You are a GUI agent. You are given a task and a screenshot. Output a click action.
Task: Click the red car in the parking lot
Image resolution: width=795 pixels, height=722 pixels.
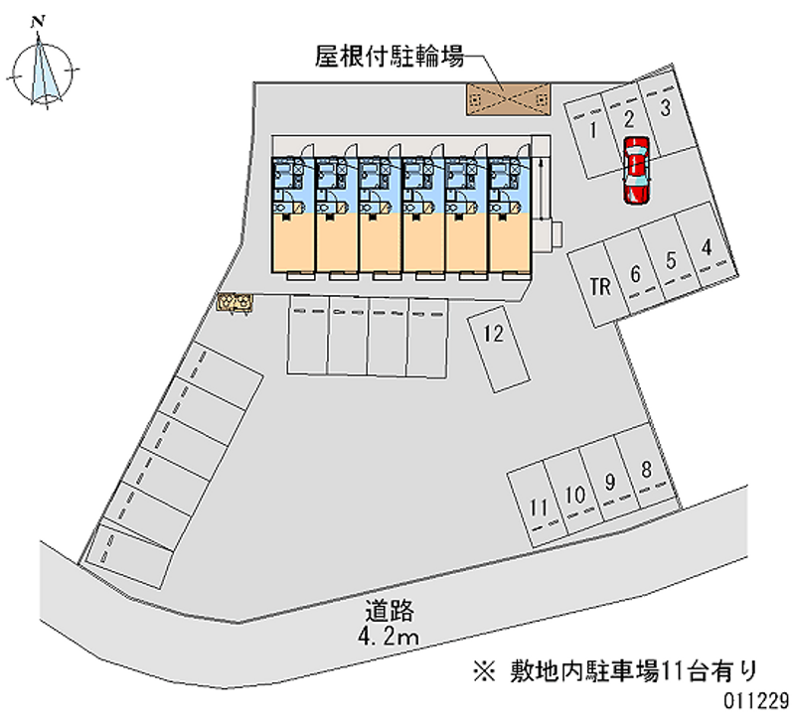point(636,169)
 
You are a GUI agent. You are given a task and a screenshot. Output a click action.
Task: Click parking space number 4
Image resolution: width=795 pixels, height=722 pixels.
point(706,248)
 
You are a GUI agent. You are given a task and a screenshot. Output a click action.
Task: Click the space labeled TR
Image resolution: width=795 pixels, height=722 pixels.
point(599,288)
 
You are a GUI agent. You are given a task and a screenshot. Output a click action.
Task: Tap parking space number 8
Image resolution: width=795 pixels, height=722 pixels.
point(646,470)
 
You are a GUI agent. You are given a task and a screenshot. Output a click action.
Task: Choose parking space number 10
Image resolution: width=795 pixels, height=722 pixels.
point(574,495)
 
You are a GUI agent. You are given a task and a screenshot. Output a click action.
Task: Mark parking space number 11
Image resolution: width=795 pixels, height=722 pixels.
point(539,507)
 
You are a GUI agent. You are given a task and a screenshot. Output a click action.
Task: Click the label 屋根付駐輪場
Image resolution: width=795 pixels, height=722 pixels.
point(390,58)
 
